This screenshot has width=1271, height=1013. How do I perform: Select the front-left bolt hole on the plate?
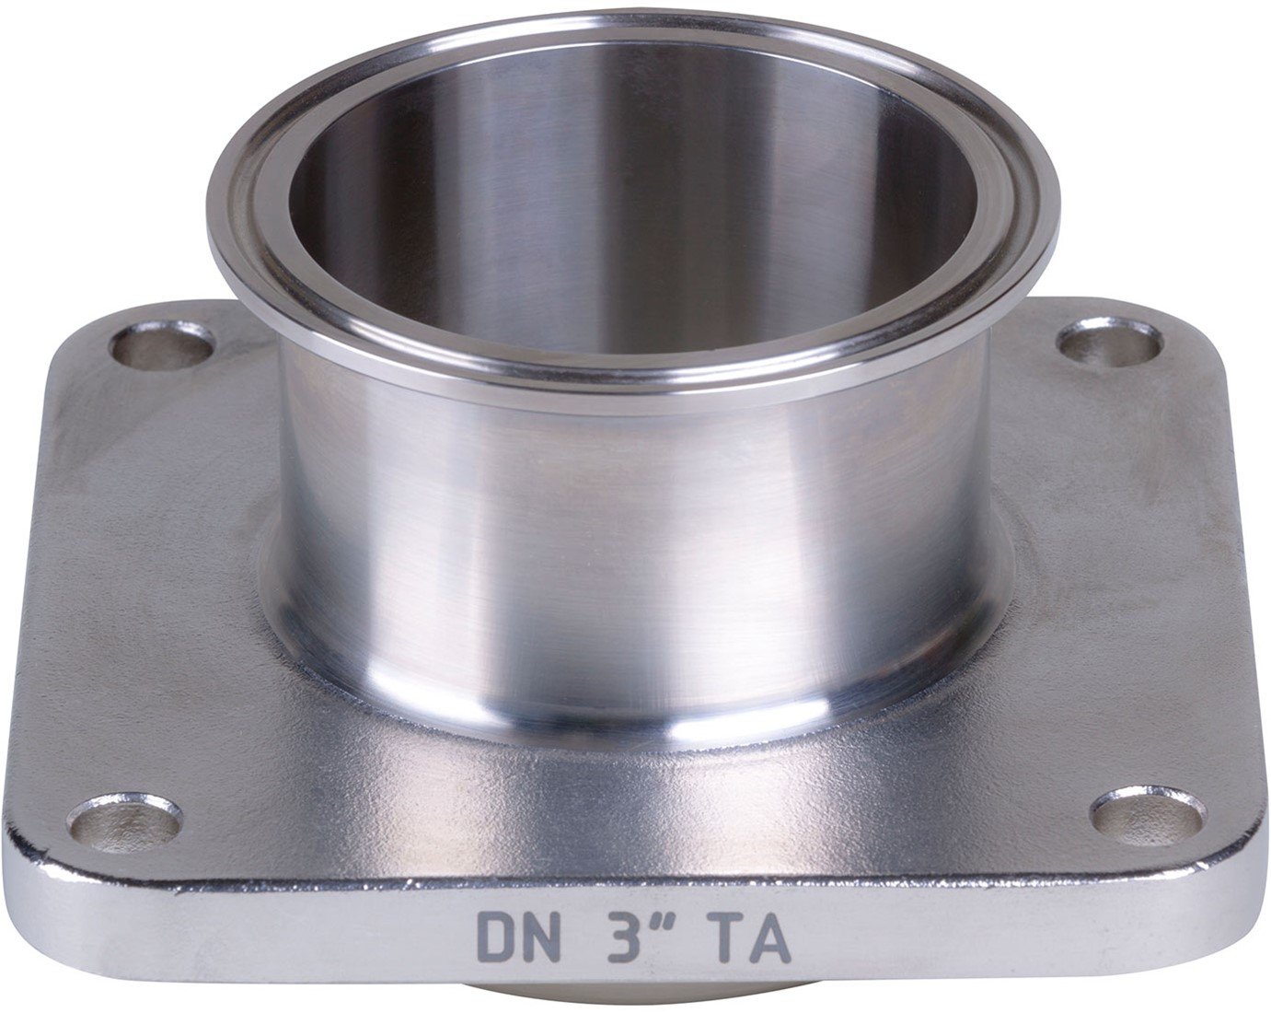point(123,822)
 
